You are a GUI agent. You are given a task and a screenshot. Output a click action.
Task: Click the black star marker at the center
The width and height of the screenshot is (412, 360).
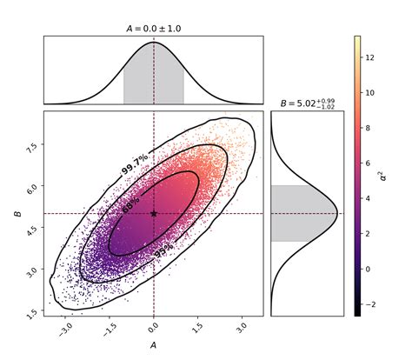(x=154, y=213)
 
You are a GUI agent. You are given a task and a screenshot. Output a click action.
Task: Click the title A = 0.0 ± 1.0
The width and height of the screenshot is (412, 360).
(x=153, y=30)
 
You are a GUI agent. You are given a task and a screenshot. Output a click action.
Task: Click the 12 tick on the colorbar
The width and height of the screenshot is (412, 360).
(x=377, y=57)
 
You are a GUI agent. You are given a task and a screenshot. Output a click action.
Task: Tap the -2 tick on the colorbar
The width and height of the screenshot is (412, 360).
(x=377, y=304)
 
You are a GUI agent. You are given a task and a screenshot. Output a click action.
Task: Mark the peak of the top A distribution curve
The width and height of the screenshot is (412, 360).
(x=154, y=42)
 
